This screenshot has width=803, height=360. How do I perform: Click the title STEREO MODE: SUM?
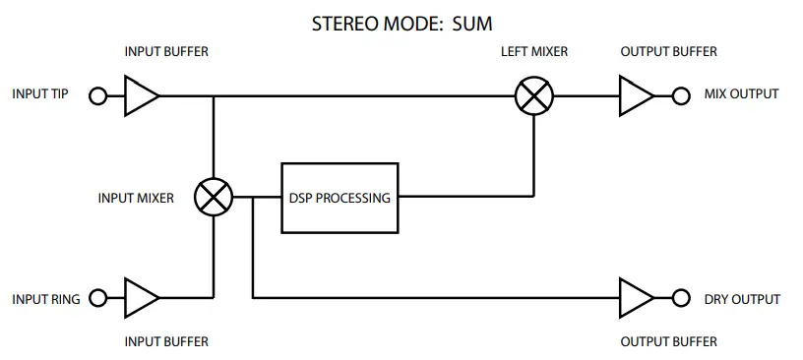point(401,21)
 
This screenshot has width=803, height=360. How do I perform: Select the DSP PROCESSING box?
point(340,198)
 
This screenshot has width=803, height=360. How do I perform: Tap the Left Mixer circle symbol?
point(534,96)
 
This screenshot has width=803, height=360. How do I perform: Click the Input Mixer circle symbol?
point(213,198)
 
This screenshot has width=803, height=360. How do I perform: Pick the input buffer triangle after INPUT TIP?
point(141,96)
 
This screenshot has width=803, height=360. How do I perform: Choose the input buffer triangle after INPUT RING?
point(141,297)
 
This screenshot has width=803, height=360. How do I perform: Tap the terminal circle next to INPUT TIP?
point(97,96)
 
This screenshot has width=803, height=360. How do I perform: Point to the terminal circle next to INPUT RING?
point(97,297)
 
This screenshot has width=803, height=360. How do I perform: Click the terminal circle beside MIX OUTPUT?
point(680,96)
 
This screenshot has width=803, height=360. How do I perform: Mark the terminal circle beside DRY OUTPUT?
point(680,297)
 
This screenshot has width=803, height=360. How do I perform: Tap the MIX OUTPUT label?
point(741,94)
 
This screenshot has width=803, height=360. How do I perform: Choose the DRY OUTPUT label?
point(742,299)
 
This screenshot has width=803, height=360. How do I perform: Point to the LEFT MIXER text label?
point(534,51)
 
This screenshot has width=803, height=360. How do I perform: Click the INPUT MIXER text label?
point(136,198)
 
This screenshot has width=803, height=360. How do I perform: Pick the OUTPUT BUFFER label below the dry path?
point(669,342)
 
